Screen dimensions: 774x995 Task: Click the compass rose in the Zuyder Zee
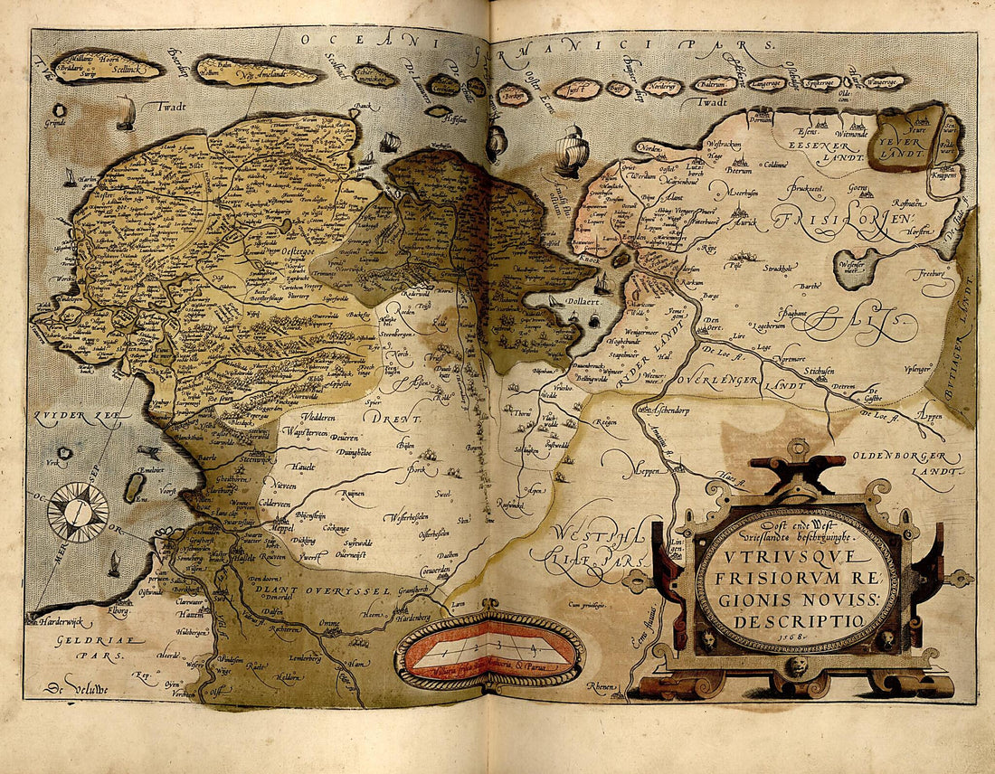77,512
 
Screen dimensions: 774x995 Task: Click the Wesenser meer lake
855,269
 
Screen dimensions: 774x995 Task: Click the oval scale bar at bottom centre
489,651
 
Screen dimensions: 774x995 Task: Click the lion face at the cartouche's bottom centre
797,669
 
